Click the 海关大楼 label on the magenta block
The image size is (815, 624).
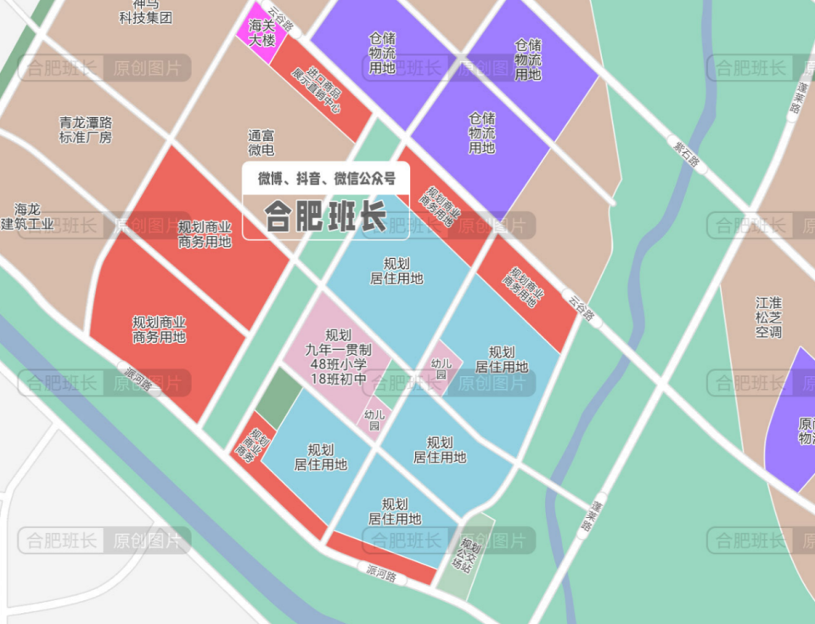tap(261, 32)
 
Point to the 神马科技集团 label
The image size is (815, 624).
tap(145, 11)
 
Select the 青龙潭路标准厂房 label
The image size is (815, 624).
tap(85, 129)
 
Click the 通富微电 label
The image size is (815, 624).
tap(261, 143)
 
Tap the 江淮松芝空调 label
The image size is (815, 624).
tap(768, 317)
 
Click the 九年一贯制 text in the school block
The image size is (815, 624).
tap(338, 350)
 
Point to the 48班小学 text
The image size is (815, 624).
tap(338, 364)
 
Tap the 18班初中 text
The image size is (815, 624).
tap(338, 379)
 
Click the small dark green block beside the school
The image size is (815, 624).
tap(279, 398)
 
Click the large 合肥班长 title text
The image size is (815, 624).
tap(325, 216)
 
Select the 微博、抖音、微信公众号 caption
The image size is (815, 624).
tap(327, 178)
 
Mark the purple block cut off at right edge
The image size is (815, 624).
tap(794, 420)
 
